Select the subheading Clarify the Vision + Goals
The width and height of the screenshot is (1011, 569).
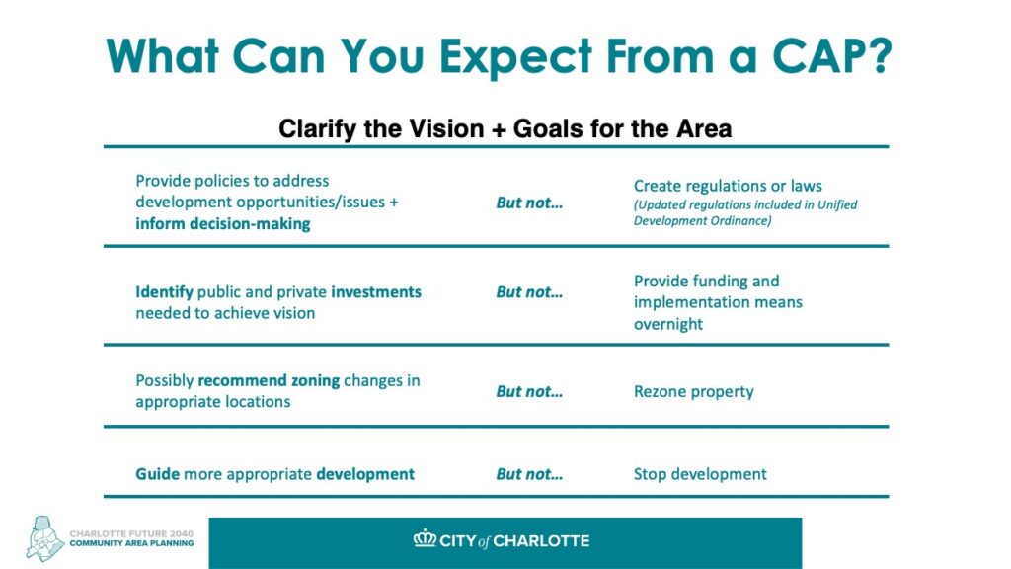pyautogui.click(x=505, y=128)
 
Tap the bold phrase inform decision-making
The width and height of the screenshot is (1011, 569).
pyautogui.click(x=222, y=224)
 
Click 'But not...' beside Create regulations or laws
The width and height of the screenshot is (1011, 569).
pyautogui.click(x=529, y=203)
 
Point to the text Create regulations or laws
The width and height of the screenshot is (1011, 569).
pyautogui.click(x=728, y=186)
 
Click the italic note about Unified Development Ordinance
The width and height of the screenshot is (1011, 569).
pyautogui.click(x=745, y=213)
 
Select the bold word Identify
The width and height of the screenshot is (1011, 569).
pyautogui.click(x=164, y=292)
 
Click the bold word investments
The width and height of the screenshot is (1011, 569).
pyautogui.click(x=376, y=292)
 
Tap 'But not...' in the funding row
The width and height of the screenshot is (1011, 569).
pyautogui.click(x=529, y=292)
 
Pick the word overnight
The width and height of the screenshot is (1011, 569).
pyautogui.click(x=668, y=324)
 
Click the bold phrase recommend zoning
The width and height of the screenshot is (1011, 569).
pyautogui.click(x=269, y=380)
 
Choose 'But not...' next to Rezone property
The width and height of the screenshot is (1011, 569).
pyautogui.click(x=529, y=391)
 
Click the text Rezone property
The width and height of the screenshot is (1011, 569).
pyautogui.click(x=694, y=391)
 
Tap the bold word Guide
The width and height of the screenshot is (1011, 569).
pyautogui.click(x=157, y=474)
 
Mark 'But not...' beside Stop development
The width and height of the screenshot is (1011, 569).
pyautogui.click(x=529, y=474)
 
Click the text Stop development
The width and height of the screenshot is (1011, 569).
pyautogui.click(x=700, y=474)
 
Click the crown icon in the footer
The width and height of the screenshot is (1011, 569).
pyautogui.click(x=425, y=538)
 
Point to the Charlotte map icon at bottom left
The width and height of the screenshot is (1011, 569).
pyautogui.click(x=44, y=538)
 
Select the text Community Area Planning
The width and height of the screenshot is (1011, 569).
pyautogui.click(x=131, y=543)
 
